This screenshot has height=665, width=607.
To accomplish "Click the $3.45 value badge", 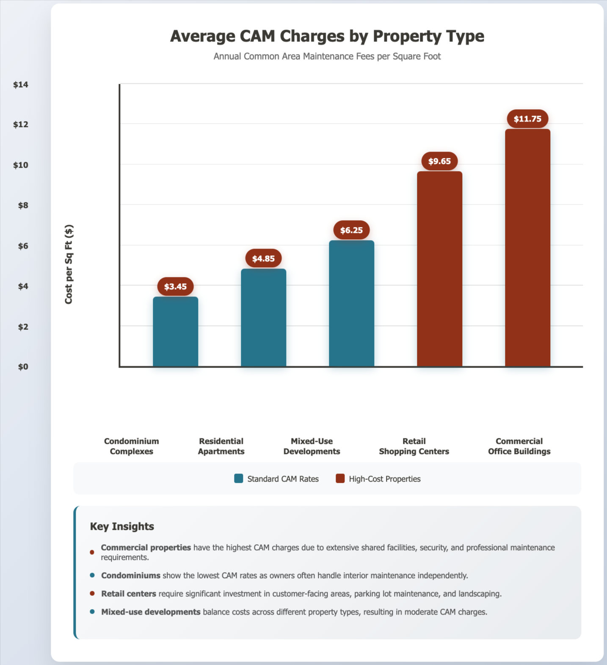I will tap(175, 287).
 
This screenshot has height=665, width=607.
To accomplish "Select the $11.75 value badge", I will tap(527, 119).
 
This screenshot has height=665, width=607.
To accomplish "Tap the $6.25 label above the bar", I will tap(351, 230).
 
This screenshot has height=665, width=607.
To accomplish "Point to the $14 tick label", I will tap(21, 85).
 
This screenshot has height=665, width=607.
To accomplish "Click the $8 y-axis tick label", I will tap(23, 205).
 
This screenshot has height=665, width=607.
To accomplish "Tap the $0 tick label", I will tap(23, 367).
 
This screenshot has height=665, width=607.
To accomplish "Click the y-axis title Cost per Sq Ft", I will tap(69, 264).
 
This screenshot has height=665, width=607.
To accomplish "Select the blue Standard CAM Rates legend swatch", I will tap(239, 479).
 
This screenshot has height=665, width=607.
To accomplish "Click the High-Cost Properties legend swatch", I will tap(340, 479).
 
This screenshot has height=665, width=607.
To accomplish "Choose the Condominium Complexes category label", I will tap(132, 446).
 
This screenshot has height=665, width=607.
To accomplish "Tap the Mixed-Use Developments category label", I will tap(312, 446).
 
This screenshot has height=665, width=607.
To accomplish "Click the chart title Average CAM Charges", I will tap(327, 36).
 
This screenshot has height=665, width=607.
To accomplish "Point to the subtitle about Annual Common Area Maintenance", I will tap(327, 56).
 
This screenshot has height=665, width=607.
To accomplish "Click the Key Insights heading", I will tap(122, 526).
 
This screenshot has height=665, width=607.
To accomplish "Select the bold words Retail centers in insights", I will tap(129, 594).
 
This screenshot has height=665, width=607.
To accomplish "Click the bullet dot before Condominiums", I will tap(92, 576).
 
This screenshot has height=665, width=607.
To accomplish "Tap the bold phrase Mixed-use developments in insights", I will tap(151, 612).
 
